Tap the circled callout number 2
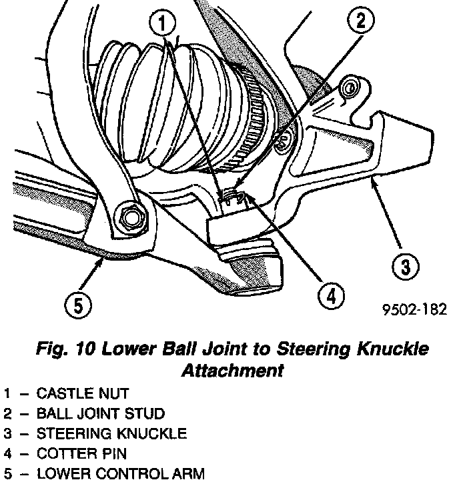(x=360, y=22)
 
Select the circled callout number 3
(x=404, y=267)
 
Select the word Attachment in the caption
(x=229, y=370)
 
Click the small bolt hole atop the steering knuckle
(x=348, y=87)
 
